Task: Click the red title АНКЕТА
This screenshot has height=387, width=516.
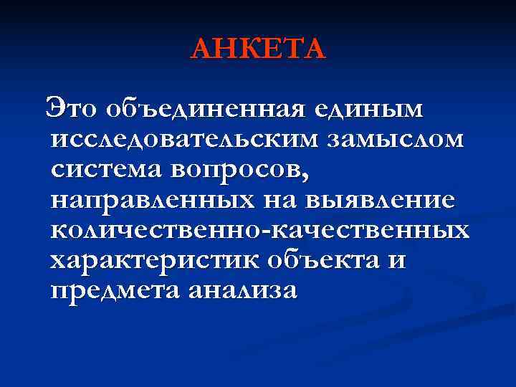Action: (258, 49)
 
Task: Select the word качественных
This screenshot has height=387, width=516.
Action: (364, 231)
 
